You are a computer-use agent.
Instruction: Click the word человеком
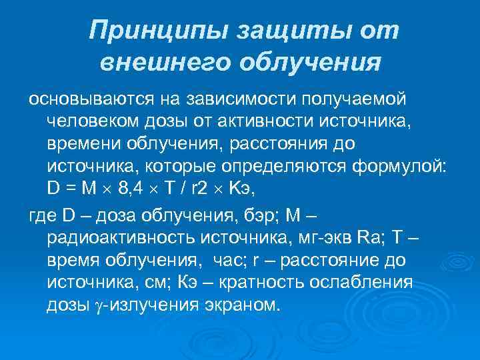92,122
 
